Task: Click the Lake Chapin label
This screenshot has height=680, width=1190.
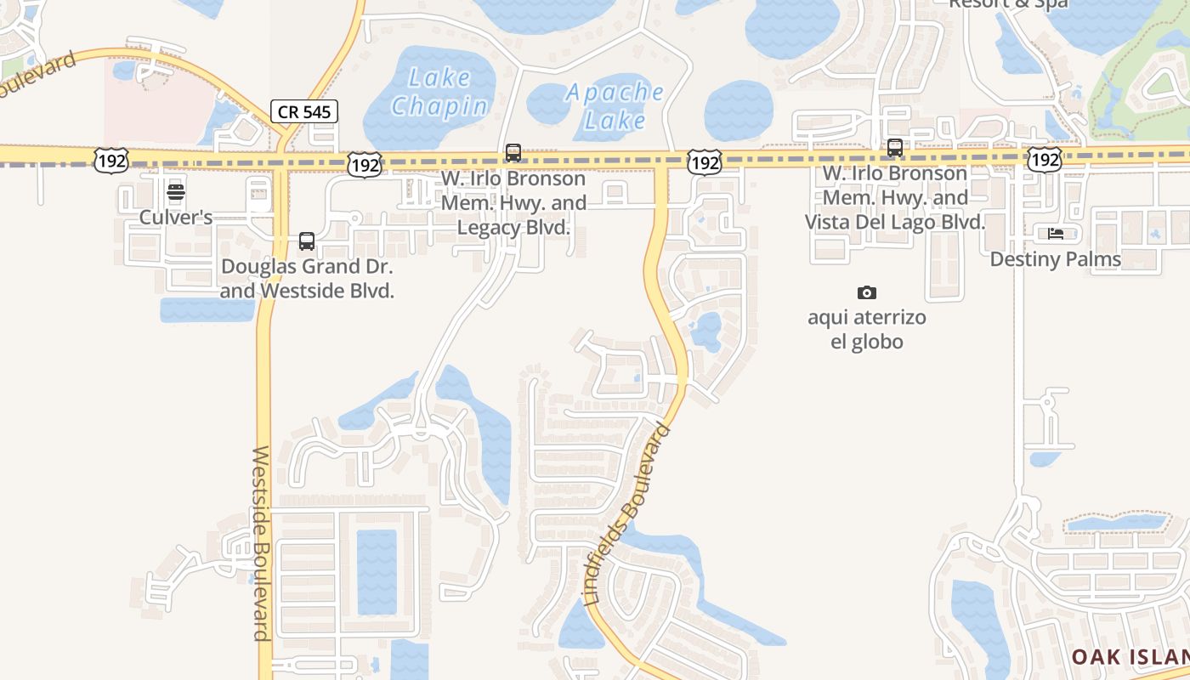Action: click(439, 92)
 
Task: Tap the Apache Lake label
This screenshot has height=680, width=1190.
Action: click(615, 105)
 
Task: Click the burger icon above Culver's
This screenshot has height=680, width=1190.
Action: click(176, 191)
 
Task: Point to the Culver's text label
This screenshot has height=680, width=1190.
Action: click(176, 218)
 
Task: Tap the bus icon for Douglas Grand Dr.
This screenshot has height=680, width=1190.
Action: click(307, 241)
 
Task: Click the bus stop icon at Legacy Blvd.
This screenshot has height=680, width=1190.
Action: click(513, 153)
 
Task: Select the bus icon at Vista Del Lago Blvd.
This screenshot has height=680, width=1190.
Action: click(895, 148)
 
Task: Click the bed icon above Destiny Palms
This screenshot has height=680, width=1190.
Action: click(1056, 233)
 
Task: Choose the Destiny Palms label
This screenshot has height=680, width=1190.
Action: click(1056, 259)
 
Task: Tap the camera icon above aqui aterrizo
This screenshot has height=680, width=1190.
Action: click(867, 293)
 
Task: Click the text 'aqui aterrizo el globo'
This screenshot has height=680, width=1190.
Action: click(867, 330)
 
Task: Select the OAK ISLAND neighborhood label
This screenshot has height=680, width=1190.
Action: click(1130, 657)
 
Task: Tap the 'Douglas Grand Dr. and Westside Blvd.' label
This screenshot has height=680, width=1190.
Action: click(307, 278)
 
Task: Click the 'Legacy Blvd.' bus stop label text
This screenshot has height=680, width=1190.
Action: click(513, 203)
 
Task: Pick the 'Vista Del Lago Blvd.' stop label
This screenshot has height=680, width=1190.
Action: click(895, 198)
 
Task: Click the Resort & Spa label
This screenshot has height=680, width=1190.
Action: click(1008, 4)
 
